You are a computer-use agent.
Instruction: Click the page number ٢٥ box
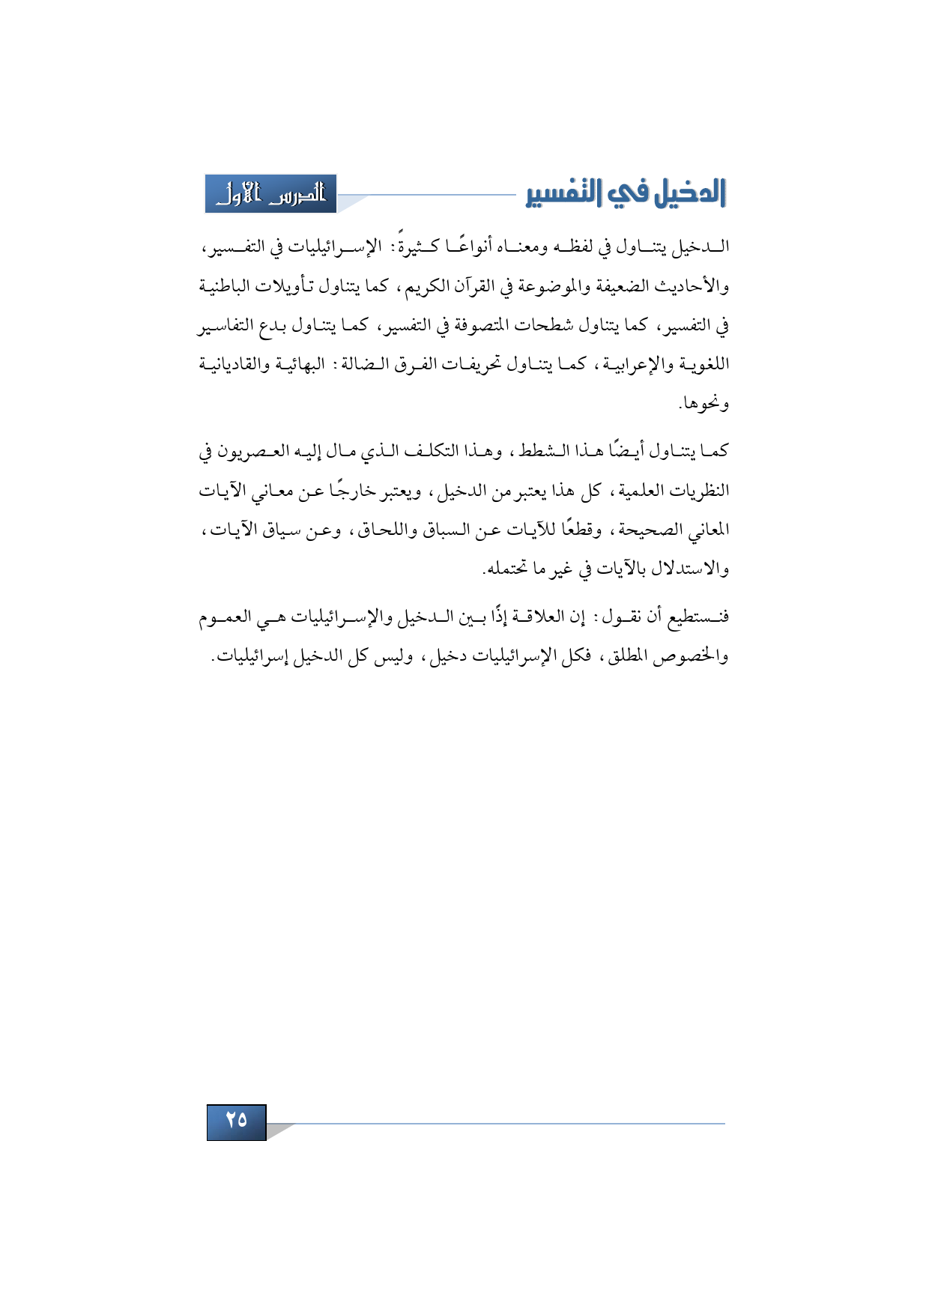(237, 1121)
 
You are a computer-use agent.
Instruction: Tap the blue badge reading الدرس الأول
(271, 194)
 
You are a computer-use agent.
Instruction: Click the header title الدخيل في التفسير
(626, 194)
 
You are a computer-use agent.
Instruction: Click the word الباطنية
(224, 286)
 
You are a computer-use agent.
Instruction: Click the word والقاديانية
(233, 365)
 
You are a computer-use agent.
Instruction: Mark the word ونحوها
(703, 405)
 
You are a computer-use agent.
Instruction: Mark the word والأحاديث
(689, 286)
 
